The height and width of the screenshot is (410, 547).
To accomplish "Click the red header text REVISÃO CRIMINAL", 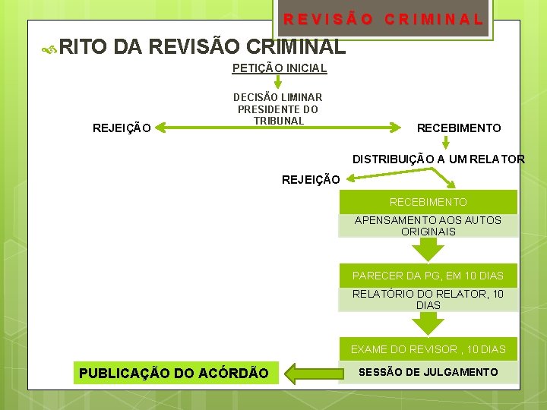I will coord(383,19).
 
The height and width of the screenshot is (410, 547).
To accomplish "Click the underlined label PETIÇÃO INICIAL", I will coord(279,68).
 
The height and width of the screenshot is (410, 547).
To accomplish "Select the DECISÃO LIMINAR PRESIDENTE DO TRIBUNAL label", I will coord(278,109).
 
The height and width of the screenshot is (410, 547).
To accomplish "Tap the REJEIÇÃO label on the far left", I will coord(121,128).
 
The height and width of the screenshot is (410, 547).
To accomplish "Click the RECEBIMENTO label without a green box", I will coord(459,128).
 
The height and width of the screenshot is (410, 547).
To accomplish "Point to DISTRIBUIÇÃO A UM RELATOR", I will coord(438,159).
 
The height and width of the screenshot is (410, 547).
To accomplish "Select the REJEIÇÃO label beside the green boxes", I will coord(311,180).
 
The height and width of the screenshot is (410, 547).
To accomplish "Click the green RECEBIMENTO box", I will coord(428,202).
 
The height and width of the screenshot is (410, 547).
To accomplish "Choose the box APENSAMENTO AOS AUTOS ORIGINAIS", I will coord(428,225).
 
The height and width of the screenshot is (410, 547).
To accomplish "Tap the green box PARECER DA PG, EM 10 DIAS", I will coord(428,275).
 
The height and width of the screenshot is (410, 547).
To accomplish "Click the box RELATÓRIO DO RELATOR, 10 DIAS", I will coord(428,299).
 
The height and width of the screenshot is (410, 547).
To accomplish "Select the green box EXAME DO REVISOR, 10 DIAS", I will coord(428,349).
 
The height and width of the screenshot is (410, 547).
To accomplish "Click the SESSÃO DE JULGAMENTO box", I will coord(428,372).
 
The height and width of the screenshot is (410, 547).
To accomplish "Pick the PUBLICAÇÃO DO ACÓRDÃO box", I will coord(174,373).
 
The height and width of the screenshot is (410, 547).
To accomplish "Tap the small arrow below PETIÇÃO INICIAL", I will coord(279,83).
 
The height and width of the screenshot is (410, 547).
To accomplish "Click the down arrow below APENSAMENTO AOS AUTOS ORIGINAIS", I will coord(428,249).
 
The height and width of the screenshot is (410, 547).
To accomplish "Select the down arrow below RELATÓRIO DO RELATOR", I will coord(428,323).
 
